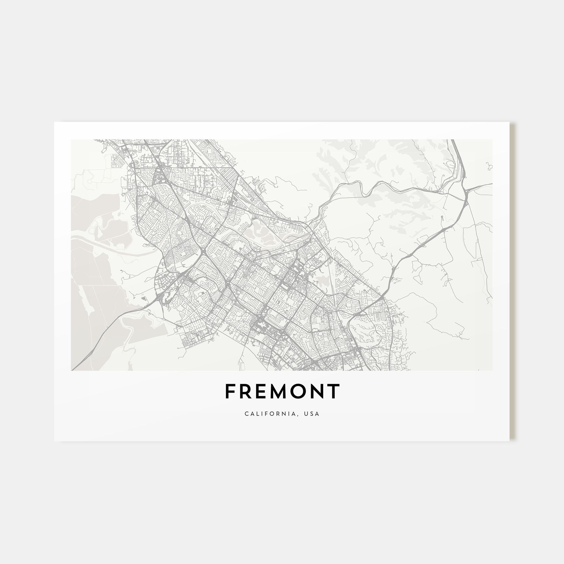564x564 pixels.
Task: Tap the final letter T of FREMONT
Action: tap(334, 391)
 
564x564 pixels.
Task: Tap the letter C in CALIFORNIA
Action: tap(247, 414)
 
